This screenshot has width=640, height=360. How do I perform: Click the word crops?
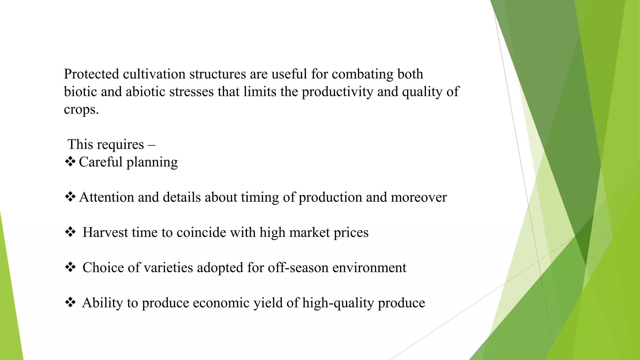pyautogui.click(x=81, y=110)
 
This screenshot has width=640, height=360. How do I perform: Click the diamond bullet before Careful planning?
pyautogui.click(x=70, y=162)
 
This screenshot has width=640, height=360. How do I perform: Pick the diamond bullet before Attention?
pyautogui.click(x=70, y=197)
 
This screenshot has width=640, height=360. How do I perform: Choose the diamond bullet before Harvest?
pyautogui.click(x=70, y=232)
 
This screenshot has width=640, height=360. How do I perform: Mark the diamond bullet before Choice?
pyautogui.click(x=70, y=267)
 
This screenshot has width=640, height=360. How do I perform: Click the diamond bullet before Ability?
pyautogui.click(x=70, y=302)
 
